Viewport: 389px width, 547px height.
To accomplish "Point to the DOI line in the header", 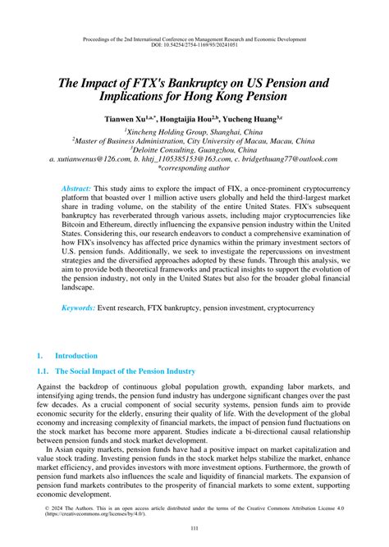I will [194, 46].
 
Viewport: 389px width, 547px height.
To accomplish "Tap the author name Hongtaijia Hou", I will [199, 118].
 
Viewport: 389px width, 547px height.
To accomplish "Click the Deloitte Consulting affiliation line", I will [194, 149].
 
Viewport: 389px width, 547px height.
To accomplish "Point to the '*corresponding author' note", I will [194, 168].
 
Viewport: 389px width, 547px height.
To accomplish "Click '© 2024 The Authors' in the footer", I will [73, 506].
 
